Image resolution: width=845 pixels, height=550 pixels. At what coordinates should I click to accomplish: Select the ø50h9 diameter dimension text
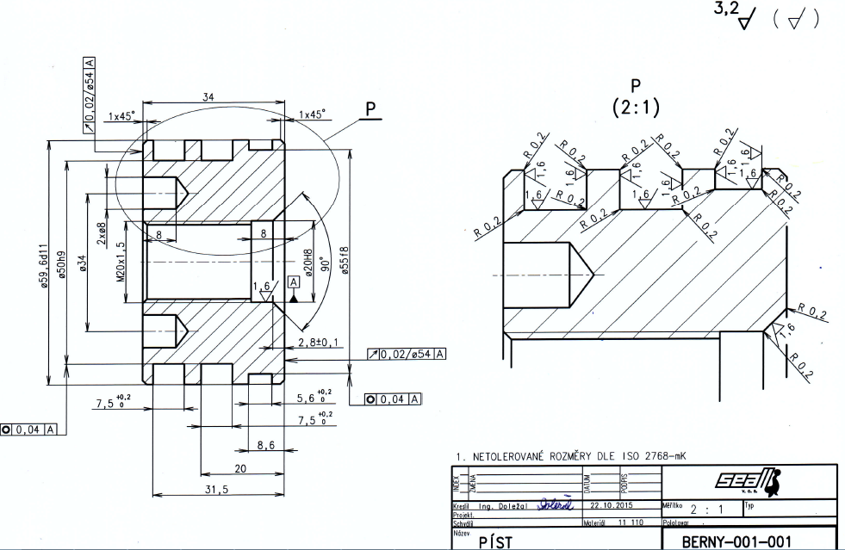click(61, 269)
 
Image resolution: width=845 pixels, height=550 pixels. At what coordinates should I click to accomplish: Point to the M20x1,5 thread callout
click(121, 262)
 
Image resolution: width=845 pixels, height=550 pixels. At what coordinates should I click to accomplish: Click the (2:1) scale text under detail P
click(636, 108)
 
